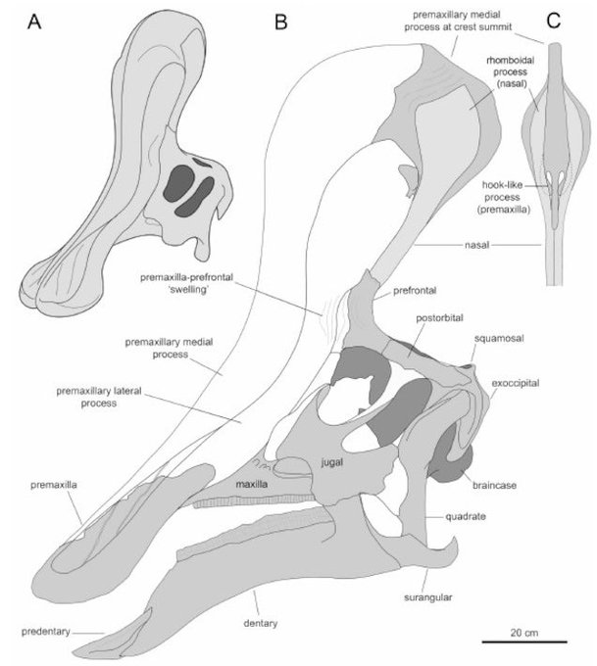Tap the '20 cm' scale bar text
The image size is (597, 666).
tap(524, 632)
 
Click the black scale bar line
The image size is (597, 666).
tap(524, 642)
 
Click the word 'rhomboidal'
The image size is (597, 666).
tap(513, 59)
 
